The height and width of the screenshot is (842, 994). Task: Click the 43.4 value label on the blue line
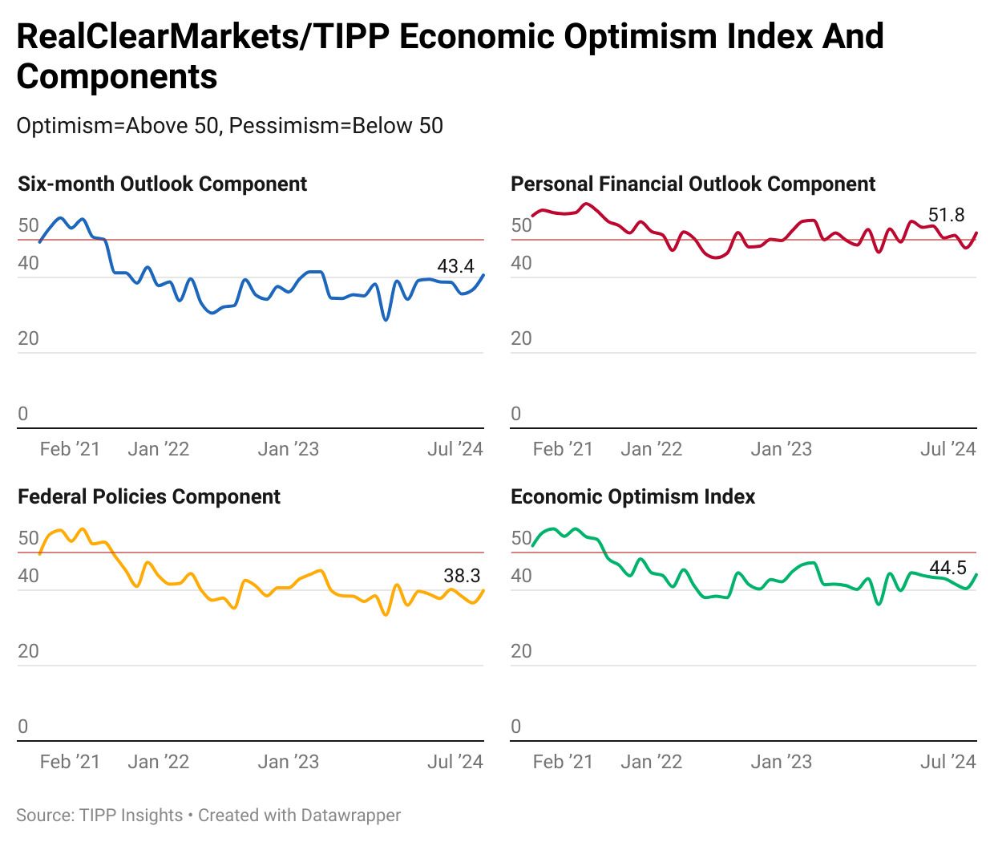(x=455, y=266)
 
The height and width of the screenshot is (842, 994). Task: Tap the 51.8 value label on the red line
(x=946, y=215)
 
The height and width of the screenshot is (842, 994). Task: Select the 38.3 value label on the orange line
(x=462, y=575)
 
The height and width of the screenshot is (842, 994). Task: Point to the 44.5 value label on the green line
(x=948, y=568)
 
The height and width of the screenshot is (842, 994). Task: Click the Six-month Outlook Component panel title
(x=162, y=184)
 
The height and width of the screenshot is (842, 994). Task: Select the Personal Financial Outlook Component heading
(x=693, y=184)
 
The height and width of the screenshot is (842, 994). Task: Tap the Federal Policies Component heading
(x=149, y=496)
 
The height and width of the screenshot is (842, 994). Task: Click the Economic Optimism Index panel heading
(x=632, y=496)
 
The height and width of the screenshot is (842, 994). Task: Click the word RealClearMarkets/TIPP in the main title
(x=163, y=37)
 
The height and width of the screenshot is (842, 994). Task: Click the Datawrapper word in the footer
(x=350, y=815)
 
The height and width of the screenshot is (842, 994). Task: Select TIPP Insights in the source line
(x=131, y=815)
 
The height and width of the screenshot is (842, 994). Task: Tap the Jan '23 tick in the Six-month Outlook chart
(x=288, y=449)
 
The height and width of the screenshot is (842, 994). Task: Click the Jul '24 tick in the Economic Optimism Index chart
(x=948, y=761)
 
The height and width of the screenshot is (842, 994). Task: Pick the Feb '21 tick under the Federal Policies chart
(x=70, y=761)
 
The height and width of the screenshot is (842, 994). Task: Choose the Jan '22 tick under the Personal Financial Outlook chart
(x=651, y=449)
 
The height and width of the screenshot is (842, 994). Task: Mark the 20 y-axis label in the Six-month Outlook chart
(x=28, y=338)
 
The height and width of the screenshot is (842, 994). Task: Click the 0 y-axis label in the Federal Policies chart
(x=22, y=726)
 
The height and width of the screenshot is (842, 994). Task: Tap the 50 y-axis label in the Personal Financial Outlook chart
(x=521, y=225)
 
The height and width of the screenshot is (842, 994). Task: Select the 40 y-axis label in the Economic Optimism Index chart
(x=521, y=576)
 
